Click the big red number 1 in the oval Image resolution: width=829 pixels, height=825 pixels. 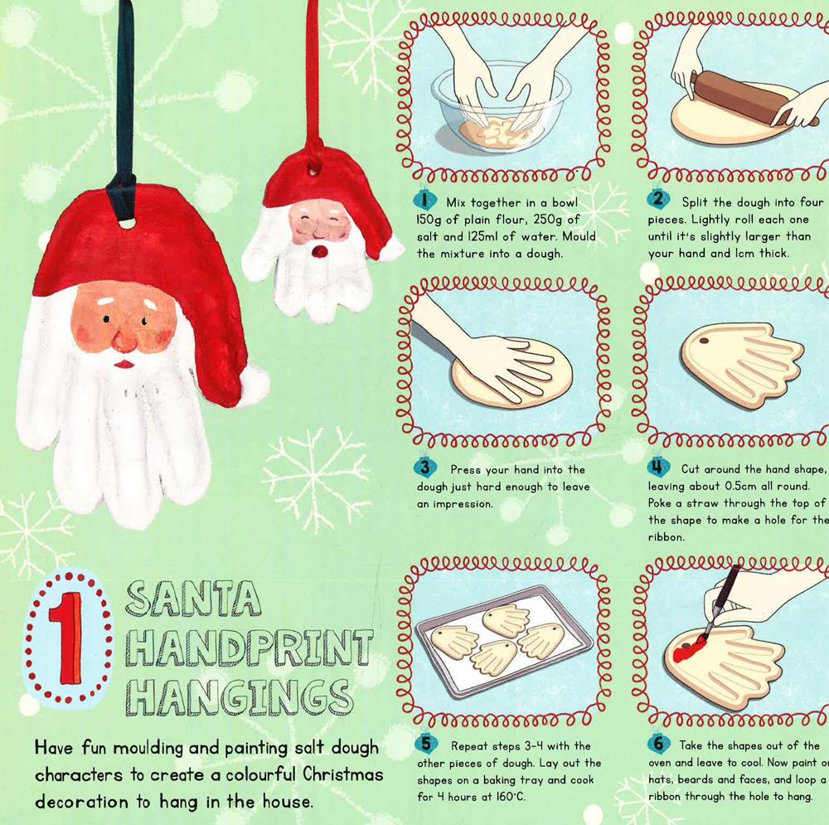66,638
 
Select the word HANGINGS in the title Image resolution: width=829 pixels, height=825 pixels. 239,696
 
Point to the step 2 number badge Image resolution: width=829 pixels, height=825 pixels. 658,199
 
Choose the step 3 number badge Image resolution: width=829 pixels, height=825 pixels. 425,467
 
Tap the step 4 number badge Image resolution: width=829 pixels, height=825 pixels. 658,467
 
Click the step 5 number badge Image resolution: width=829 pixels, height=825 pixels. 425,744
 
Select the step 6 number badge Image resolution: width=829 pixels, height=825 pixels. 658,744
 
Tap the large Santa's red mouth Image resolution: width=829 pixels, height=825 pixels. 125,364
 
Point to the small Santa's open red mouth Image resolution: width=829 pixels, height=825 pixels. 318,250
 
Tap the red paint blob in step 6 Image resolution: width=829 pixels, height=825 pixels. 687,652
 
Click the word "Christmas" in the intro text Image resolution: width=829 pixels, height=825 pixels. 343,774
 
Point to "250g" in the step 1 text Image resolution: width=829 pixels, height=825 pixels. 550,220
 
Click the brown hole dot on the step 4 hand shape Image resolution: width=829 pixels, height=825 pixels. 704,341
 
